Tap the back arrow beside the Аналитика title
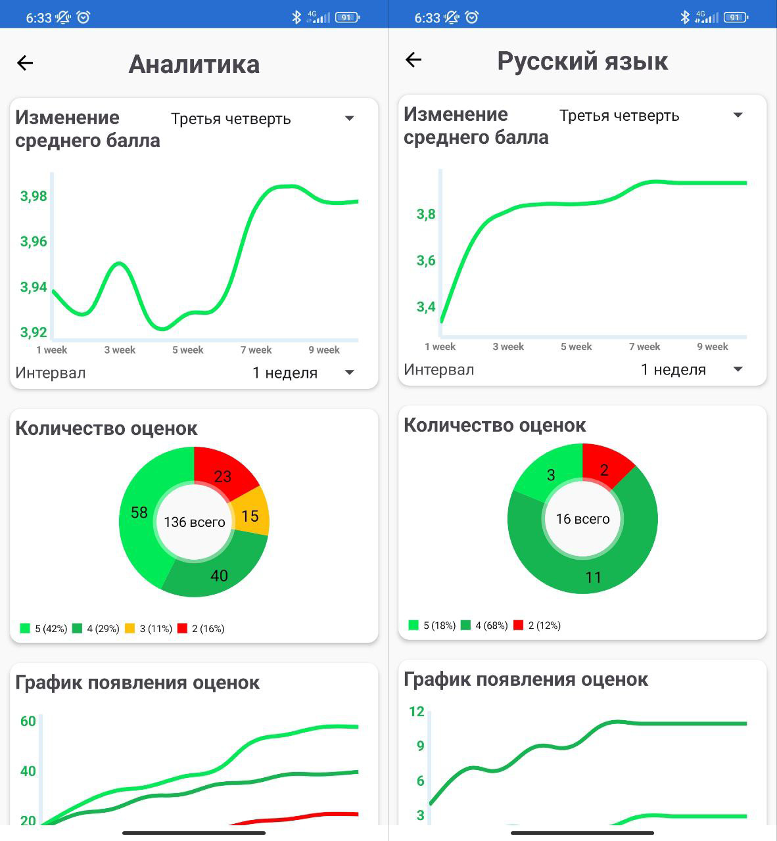pyautogui.click(x=25, y=63)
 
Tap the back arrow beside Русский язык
pyautogui.click(x=413, y=60)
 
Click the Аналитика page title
pyautogui.click(x=194, y=64)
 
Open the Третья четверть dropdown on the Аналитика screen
pyautogui.click(x=263, y=119)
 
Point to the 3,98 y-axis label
pyautogui.click(x=34, y=196)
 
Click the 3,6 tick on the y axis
pyautogui.click(x=426, y=261)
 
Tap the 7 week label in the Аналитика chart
pyautogui.click(x=256, y=350)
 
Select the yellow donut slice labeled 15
pyautogui.click(x=250, y=516)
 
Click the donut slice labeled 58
pyautogui.click(x=139, y=512)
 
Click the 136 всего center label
pyautogui.click(x=194, y=522)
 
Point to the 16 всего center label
pyautogui.click(x=582, y=519)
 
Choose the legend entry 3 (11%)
pyautogui.click(x=149, y=629)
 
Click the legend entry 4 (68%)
pyautogui.click(x=484, y=625)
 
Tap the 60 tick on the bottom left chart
pyautogui.click(x=28, y=721)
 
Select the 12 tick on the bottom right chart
pyautogui.click(x=417, y=712)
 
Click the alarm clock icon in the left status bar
pyautogui.click(x=83, y=18)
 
